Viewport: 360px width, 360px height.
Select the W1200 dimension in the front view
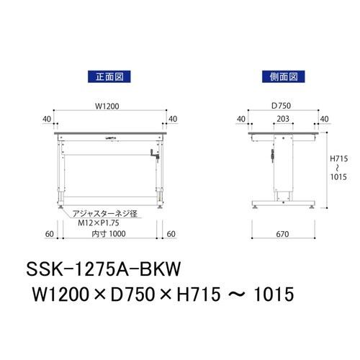109,106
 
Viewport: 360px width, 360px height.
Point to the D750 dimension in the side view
282,106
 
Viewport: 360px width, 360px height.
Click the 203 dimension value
283,120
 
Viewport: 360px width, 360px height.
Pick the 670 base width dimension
283,234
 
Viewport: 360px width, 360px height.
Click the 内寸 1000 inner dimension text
109,234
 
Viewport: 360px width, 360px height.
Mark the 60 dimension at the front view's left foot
49,234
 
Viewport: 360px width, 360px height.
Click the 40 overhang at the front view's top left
47,120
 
